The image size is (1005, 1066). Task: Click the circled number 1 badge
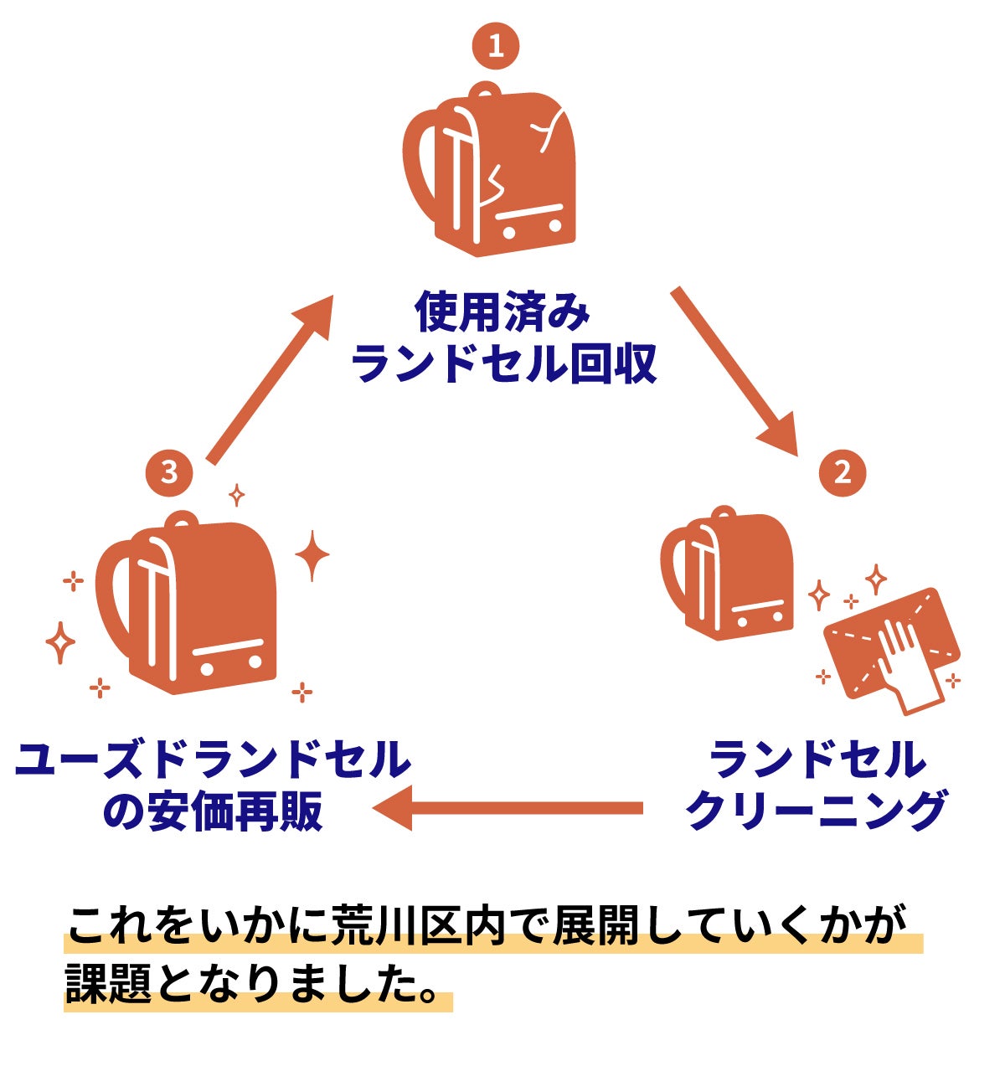tap(496, 46)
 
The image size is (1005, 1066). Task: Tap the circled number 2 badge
tap(842, 472)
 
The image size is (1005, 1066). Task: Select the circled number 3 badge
tap(169, 472)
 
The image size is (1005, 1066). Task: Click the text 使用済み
tap(502, 312)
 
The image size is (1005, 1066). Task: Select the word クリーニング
tap(816, 811)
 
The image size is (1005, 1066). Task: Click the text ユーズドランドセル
tap(214, 760)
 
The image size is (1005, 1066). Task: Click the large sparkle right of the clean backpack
tap(312, 554)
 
